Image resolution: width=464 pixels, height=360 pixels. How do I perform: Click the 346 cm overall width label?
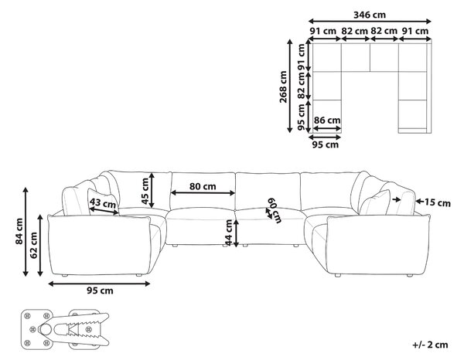pyautogui.click(x=370, y=15)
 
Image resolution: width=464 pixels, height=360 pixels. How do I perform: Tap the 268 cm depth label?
pyautogui.click(x=283, y=87)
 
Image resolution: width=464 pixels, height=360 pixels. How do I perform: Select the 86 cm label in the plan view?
pyautogui.click(x=327, y=121)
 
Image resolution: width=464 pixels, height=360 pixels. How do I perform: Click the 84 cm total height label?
pyautogui.click(x=19, y=232)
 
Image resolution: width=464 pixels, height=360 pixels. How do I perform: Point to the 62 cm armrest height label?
pyautogui.click(x=33, y=246)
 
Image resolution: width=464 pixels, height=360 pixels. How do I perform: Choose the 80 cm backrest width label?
pyautogui.click(x=203, y=186)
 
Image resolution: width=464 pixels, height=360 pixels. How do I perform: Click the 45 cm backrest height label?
pyautogui.click(x=145, y=192)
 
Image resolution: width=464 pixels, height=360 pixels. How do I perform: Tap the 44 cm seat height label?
pyautogui.click(x=229, y=233)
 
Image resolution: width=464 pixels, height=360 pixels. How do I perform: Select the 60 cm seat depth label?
pyautogui.click(x=275, y=210)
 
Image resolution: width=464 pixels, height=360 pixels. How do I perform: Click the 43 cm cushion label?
pyautogui.click(x=103, y=202)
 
